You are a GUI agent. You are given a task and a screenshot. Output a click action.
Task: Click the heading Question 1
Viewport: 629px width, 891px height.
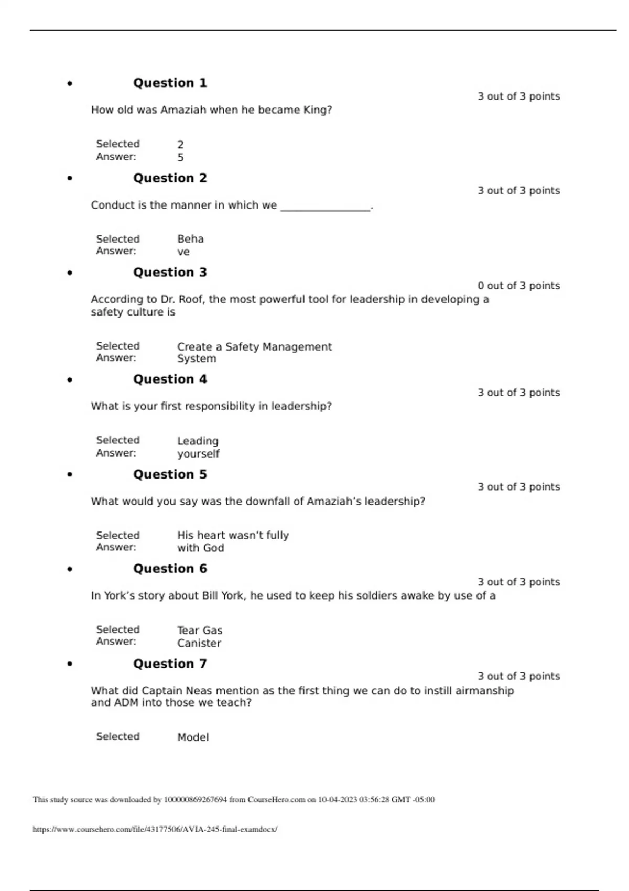170,83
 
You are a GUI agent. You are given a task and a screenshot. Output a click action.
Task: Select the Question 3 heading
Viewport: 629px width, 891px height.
170,273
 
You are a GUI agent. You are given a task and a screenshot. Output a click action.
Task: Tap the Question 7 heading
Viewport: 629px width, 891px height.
170,664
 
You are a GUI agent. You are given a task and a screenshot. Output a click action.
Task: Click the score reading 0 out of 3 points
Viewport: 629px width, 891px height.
518,286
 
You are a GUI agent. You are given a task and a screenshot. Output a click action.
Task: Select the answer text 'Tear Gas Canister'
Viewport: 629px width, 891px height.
199,636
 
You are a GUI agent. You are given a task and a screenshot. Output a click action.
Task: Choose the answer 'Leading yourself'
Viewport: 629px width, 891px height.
198,447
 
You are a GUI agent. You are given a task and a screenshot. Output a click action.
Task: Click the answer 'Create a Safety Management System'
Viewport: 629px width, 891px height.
254,352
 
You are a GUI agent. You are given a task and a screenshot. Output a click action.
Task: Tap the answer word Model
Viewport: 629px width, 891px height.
193,737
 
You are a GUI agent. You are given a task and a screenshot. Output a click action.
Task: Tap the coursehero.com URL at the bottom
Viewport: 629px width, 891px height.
155,829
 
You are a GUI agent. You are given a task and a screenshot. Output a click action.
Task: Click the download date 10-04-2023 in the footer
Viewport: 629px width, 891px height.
337,800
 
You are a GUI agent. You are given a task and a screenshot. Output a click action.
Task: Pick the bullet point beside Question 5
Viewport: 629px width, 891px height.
70,474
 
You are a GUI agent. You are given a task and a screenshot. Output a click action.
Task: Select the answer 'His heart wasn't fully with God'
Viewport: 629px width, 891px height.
233,541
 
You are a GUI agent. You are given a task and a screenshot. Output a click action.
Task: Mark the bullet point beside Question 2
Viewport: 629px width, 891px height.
70,178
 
